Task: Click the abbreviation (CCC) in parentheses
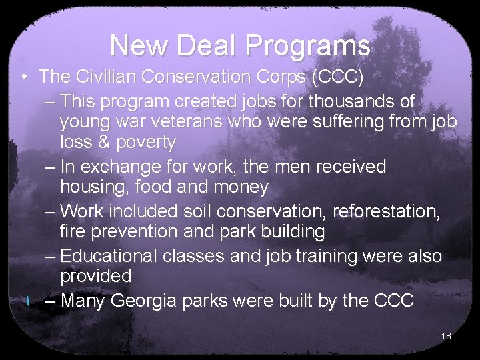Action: [x=337, y=77]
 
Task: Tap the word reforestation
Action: [x=387, y=211]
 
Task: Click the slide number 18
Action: [x=446, y=336]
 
